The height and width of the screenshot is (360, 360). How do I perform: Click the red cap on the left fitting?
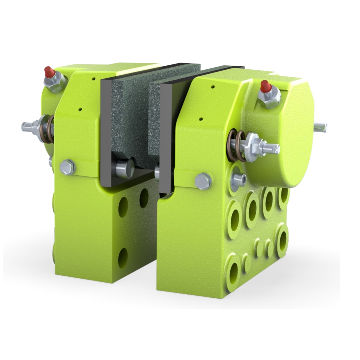(48, 72)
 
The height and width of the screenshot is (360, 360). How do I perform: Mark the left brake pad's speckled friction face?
(126, 117)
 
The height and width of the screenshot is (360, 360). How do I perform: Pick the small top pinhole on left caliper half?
(93, 79)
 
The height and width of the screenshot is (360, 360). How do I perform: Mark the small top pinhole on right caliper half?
(213, 87)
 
